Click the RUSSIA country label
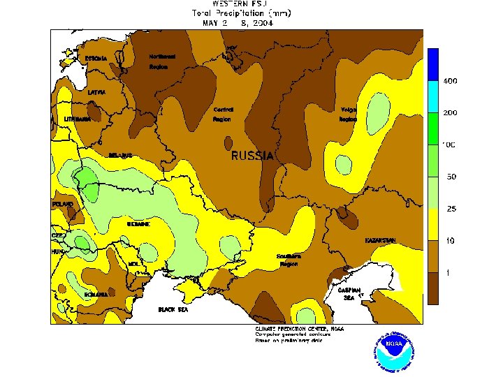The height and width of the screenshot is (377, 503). pos(252,156)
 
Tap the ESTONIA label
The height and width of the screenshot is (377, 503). pos(96,59)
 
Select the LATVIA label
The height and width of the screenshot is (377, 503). pos(96,91)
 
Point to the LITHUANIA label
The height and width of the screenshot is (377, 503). pos(78,119)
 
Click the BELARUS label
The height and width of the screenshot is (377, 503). pos(120,155)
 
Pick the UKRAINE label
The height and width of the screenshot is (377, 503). pos(138,224)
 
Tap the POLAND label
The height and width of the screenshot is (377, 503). pos(63,204)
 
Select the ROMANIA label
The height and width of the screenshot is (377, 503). pos(96,295)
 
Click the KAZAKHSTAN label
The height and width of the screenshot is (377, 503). pos(380,240)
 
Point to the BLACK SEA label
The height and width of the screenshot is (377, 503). pos(173,309)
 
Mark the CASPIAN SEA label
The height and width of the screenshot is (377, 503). pos(349,293)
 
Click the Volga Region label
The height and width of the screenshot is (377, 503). pos(349,114)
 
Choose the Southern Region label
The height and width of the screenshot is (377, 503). pos(288,260)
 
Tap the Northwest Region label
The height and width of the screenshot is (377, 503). pos(162,61)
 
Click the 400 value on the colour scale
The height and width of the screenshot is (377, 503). pos(450,81)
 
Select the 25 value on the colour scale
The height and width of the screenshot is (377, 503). pos(451,208)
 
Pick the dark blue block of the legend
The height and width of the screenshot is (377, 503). pos(433,64)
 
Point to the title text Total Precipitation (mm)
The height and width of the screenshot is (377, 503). pos(241,13)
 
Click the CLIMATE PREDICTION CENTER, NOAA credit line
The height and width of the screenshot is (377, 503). pos(299,328)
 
